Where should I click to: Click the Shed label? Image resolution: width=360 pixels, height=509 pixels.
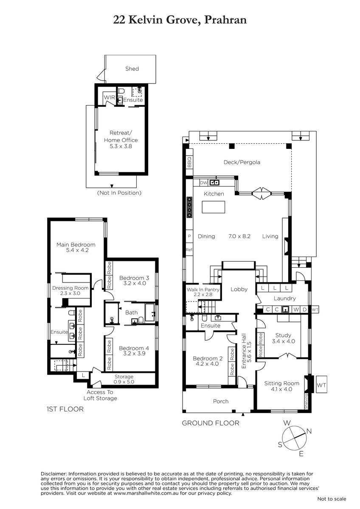(x=132, y=69)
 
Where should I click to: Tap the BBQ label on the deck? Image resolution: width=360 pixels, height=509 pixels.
(x=189, y=162)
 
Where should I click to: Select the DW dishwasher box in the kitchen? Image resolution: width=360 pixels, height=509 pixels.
(x=204, y=182)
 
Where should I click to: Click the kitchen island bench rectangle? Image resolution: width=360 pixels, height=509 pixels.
(x=213, y=207)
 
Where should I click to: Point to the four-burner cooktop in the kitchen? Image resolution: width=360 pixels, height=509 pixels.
(x=189, y=207)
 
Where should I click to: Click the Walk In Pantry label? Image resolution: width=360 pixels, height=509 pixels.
(x=203, y=289)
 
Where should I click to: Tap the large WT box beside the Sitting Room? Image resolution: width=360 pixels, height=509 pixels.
(x=321, y=385)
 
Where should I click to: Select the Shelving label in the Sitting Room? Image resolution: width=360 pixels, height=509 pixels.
(x=306, y=402)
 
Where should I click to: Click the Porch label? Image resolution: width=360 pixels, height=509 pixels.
(x=221, y=401)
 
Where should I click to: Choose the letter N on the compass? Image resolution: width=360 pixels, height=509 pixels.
(x=309, y=431)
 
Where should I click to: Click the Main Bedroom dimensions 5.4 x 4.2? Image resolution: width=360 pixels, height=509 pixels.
(x=77, y=250)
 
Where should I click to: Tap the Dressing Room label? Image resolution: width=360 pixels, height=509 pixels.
(x=70, y=288)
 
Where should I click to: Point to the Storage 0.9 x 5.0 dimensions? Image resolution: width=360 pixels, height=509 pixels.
(x=124, y=382)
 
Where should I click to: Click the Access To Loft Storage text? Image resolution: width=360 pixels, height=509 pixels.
(x=100, y=395)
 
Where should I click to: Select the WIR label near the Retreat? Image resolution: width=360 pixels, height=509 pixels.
(x=110, y=97)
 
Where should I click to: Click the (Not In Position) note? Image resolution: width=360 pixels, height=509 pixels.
(x=119, y=193)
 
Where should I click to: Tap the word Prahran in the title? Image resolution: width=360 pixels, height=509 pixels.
(x=225, y=20)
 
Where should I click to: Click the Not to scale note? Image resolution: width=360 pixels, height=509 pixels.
(x=332, y=499)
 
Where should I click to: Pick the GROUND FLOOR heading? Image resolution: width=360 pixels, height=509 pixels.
(x=211, y=423)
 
